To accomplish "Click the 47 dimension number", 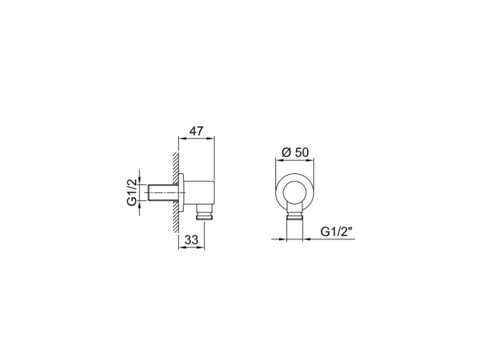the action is click(x=196, y=131).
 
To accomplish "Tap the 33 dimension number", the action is click(x=191, y=240).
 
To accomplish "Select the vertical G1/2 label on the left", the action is click(x=132, y=192).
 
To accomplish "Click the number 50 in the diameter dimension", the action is click(x=302, y=152).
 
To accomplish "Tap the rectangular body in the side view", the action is click(x=199, y=192).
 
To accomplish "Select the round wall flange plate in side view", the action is click(x=181, y=192).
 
